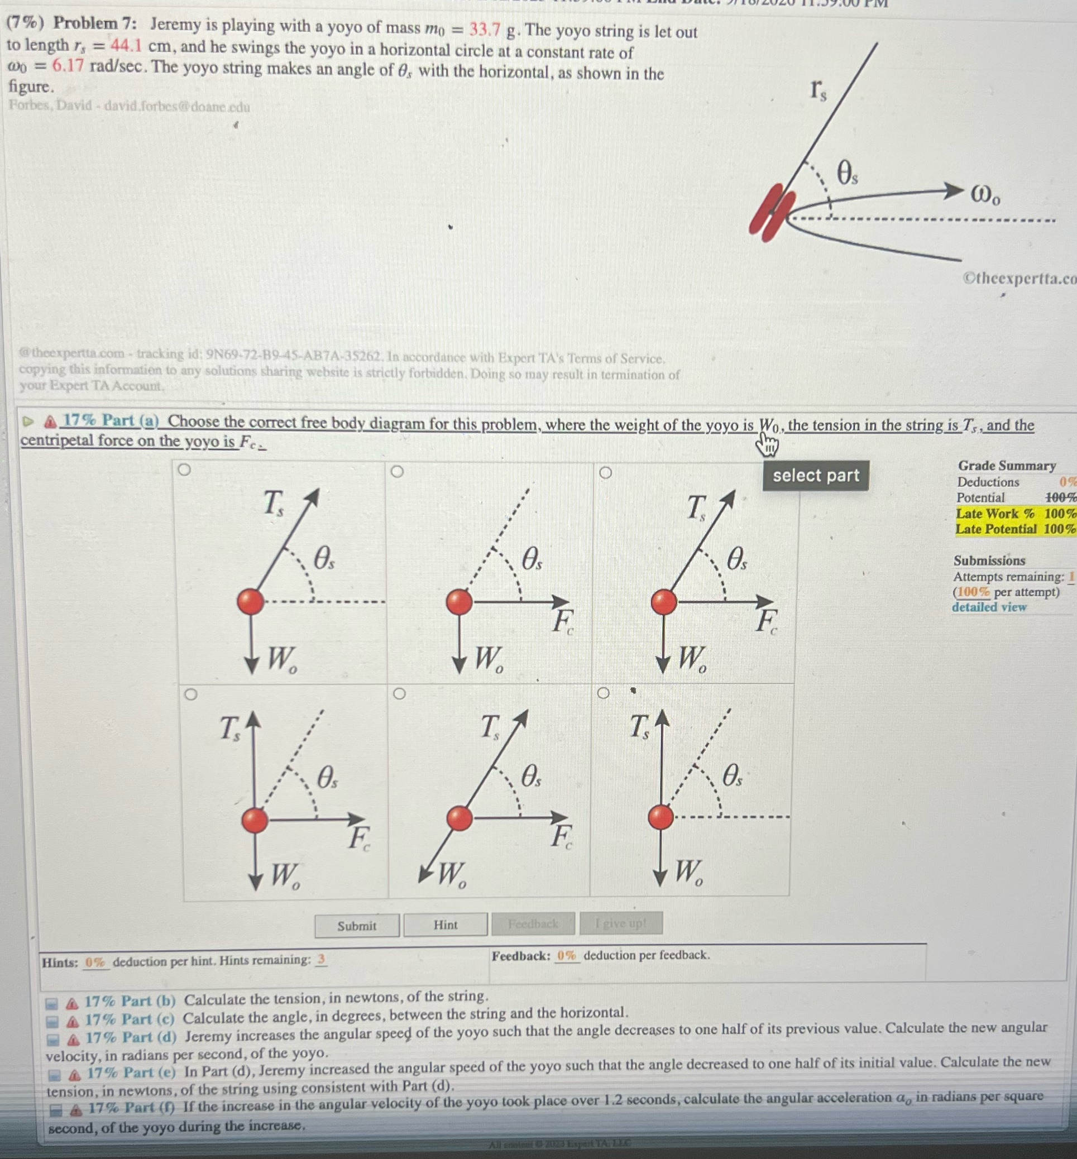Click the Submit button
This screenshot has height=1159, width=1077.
[357, 925]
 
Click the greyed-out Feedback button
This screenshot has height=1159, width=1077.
[533, 923]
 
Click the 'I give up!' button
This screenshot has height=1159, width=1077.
[621, 923]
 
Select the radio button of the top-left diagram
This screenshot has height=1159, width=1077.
[184, 470]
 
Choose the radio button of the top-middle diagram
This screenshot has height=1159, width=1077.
[397, 471]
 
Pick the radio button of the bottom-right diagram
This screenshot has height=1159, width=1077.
[604, 693]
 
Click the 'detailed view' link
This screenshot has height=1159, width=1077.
[989, 607]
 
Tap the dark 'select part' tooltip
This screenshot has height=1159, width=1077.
[815, 476]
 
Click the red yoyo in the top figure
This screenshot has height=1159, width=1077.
[772, 212]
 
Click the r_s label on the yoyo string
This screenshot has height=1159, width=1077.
[817, 90]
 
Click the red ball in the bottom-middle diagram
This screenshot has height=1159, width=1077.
[459, 817]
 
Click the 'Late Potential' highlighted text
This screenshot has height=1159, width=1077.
[996, 529]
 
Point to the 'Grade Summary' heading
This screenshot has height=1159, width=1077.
[1007, 466]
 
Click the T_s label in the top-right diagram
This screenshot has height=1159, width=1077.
[696, 507]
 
